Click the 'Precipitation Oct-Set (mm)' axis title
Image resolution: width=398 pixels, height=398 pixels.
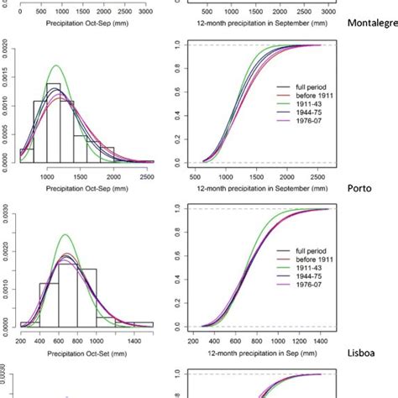(84, 354)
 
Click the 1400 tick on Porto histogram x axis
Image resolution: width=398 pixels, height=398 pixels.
(119, 341)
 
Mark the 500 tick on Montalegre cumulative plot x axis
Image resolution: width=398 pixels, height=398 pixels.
(196, 176)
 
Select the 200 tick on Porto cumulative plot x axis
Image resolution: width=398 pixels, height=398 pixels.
(196, 341)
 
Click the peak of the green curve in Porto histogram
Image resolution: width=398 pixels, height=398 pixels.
(65, 235)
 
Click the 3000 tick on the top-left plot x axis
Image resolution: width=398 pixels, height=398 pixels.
(145, 13)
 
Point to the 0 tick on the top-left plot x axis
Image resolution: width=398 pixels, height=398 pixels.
(19, 13)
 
